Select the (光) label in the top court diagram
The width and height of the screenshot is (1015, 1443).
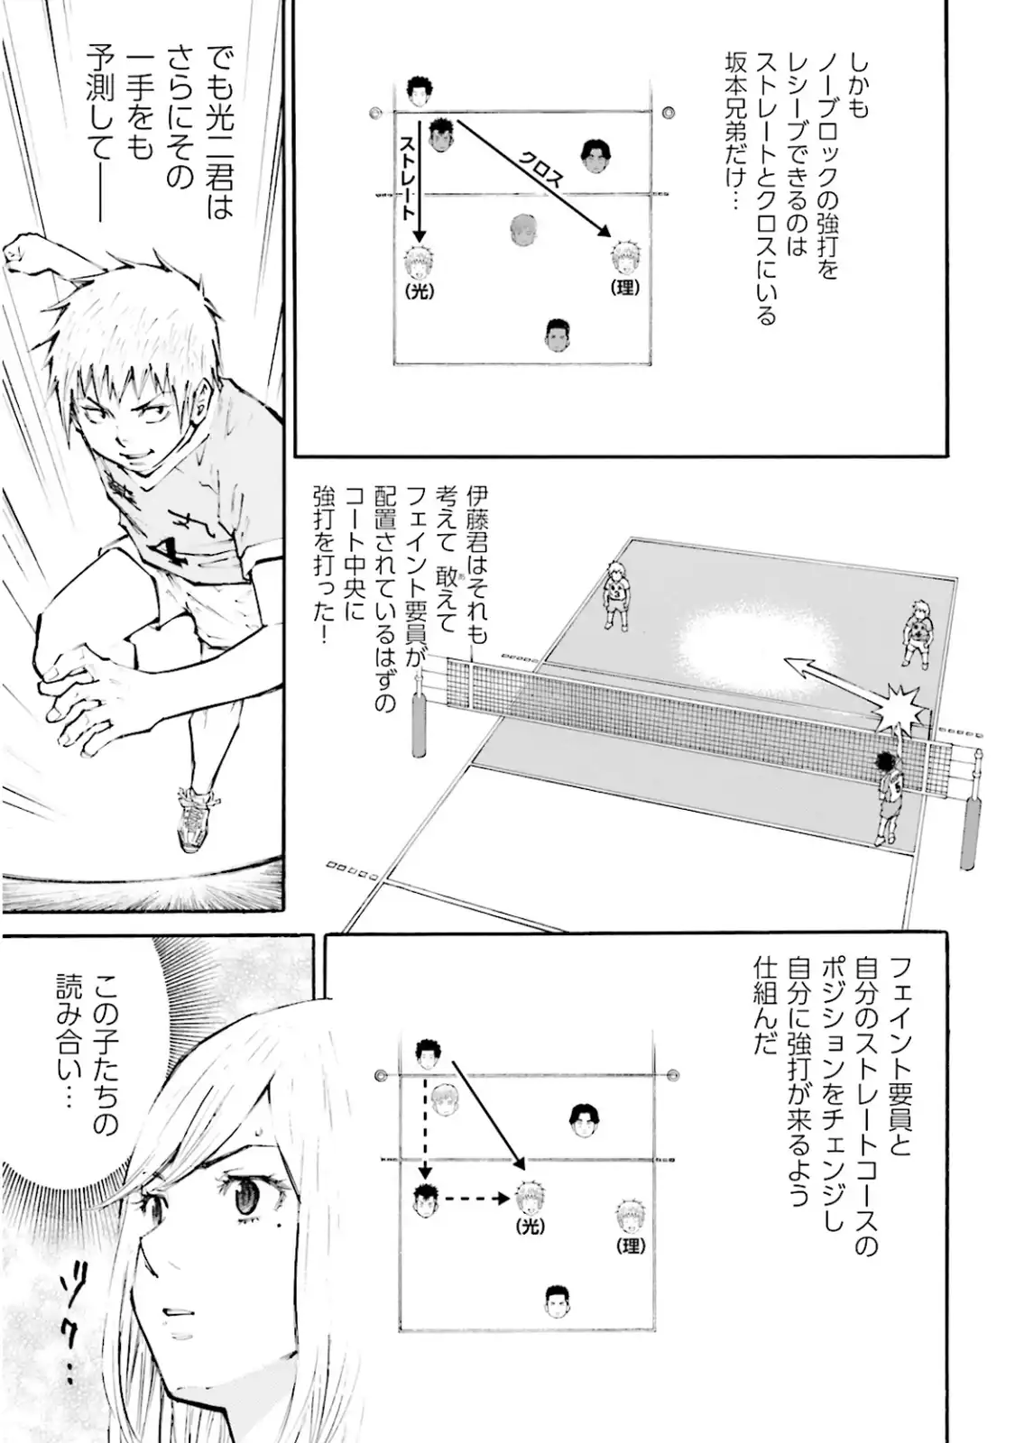[x=420, y=291]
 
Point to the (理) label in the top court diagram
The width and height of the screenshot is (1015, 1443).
[x=625, y=288]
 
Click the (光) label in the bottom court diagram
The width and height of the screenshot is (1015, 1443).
[x=531, y=1228]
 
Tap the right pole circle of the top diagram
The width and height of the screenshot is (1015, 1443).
[x=669, y=112]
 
